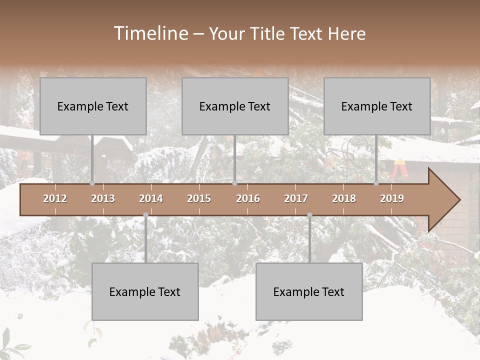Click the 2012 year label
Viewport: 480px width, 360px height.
pyautogui.click(x=55, y=198)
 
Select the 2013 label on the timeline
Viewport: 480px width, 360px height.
pyautogui.click(x=103, y=198)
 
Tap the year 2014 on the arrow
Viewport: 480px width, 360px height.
pyautogui.click(x=151, y=198)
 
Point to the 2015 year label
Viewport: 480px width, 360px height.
pyautogui.click(x=199, y=198)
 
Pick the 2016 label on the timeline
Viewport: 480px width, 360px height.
pyautogui.click(x=248, y=198)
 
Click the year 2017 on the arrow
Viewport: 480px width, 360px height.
pyautogui.click(x=296, y=198)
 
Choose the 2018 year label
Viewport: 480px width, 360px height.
pyautogui.click(x=344, y=198)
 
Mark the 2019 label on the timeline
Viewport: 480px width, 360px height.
pyautogui.click(x=392, y=198)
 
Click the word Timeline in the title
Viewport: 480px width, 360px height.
pyautogui.click(x=150, y=33)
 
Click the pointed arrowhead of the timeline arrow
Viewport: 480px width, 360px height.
pyautogui.click(x=445, y=200)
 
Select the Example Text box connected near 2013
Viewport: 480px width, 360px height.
pyautogui.click(x=93, y=106)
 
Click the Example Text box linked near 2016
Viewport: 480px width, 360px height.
pyautogui.click(x=235, y=106)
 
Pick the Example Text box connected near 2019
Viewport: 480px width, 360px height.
pyautogui.click(x=377, y=106)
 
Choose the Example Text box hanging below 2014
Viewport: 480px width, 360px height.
pyautogui.click(x=145, y=291)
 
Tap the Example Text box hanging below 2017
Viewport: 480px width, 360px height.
pyautogui.click(x=309, y=291)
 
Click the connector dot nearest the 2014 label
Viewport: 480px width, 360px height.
pyautogui.click(x=145, y=215)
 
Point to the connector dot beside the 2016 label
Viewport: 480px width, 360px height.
pyautogui.click(x=235, y=183)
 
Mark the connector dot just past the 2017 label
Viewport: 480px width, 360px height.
pyautogui.click(x=309, y=215)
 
